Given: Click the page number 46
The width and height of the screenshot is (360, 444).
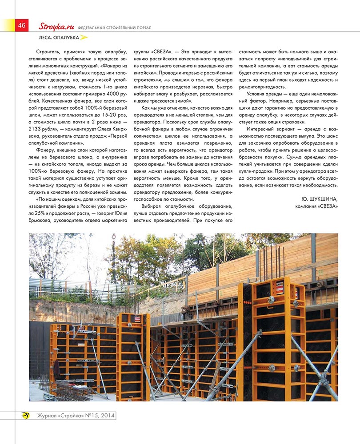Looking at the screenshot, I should (x=21, y=25).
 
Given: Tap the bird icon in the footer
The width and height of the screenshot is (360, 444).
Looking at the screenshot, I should (x=25, y=416).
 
